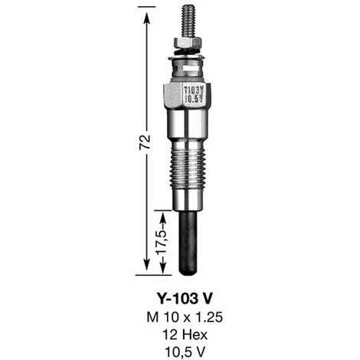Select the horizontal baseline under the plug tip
[161, 274]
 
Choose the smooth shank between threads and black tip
[186, 201]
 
